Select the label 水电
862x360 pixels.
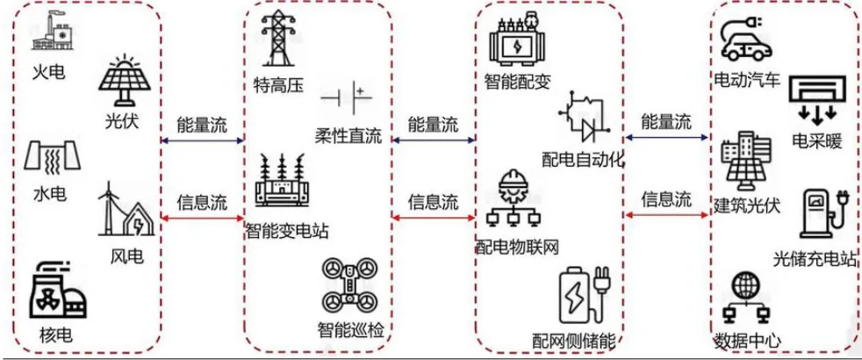coord(48,193)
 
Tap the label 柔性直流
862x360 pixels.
coord(348,137)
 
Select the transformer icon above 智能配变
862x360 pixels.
coord(518,42)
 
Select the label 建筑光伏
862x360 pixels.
coord(746,209)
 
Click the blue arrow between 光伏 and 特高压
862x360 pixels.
coord(202,140)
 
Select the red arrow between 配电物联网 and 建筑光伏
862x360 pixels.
coord(666,213)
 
